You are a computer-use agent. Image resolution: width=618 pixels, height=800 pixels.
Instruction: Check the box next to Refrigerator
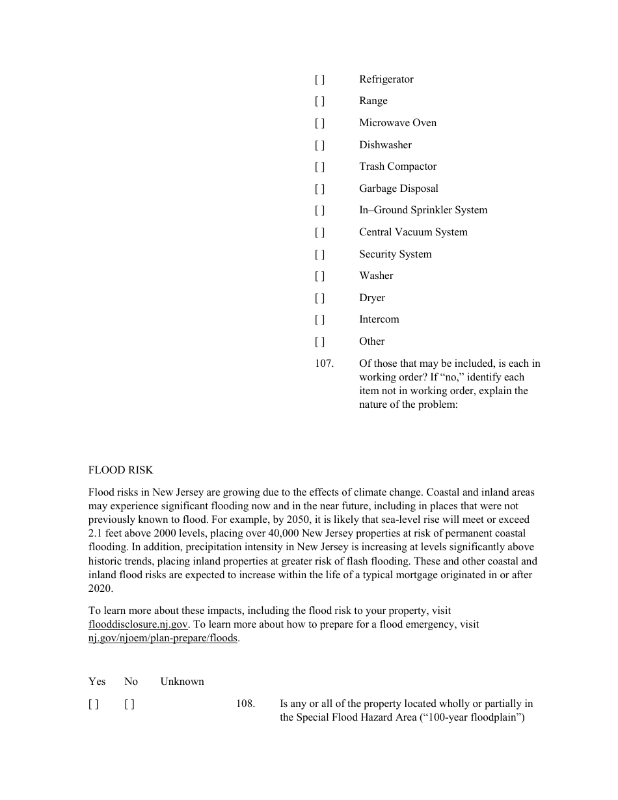point(319,79)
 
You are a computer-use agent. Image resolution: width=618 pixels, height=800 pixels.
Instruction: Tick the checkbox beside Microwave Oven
point(319,123)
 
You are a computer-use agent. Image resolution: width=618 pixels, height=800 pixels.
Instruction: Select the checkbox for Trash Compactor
point(319,167)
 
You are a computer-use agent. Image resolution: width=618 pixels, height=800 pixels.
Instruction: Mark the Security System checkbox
point(319,254)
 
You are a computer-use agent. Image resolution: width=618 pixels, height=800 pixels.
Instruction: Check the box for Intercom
point(319,319)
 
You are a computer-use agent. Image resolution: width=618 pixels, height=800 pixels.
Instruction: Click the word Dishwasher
point(385,145)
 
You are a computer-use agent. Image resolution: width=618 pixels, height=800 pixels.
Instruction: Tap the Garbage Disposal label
point(398,189)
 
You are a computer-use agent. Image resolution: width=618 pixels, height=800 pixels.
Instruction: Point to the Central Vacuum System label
point(413,232)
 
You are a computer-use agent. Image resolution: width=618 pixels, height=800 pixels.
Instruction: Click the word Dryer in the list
point(372,298)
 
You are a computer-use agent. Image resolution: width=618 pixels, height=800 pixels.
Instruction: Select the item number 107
point(324,364)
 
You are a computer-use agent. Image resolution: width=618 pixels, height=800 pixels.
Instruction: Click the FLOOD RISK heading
point(121,470)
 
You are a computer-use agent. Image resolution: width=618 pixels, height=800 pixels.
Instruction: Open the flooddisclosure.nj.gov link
point(139,624)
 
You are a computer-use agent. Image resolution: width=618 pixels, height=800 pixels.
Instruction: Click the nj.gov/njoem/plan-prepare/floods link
point(163,638)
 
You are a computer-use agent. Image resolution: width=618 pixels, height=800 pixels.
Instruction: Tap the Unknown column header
point(182,682)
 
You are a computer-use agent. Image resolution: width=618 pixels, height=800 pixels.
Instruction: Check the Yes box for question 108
point(94,704)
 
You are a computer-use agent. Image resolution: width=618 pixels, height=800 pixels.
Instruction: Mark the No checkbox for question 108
point(129,704)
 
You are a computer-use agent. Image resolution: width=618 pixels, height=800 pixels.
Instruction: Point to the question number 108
point(245,704)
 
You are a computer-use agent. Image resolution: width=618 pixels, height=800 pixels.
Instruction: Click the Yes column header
point(97,682)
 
